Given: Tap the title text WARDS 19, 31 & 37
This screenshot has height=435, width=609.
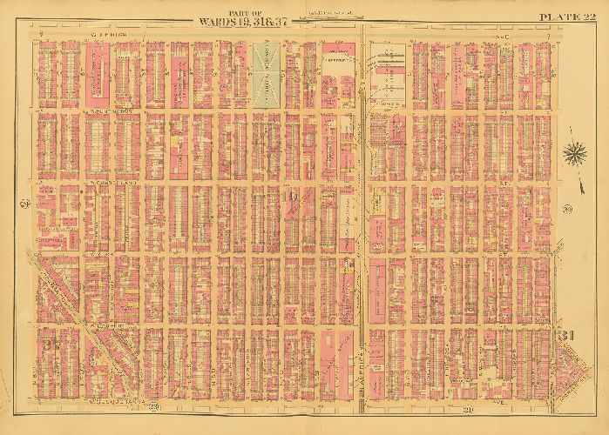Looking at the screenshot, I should pos(245,20).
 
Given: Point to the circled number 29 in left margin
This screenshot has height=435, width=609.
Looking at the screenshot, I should pos(23,204).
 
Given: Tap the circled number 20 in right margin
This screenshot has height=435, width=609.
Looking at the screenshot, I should pos(566,206).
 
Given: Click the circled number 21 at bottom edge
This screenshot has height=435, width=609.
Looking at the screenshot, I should pos(467,408).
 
